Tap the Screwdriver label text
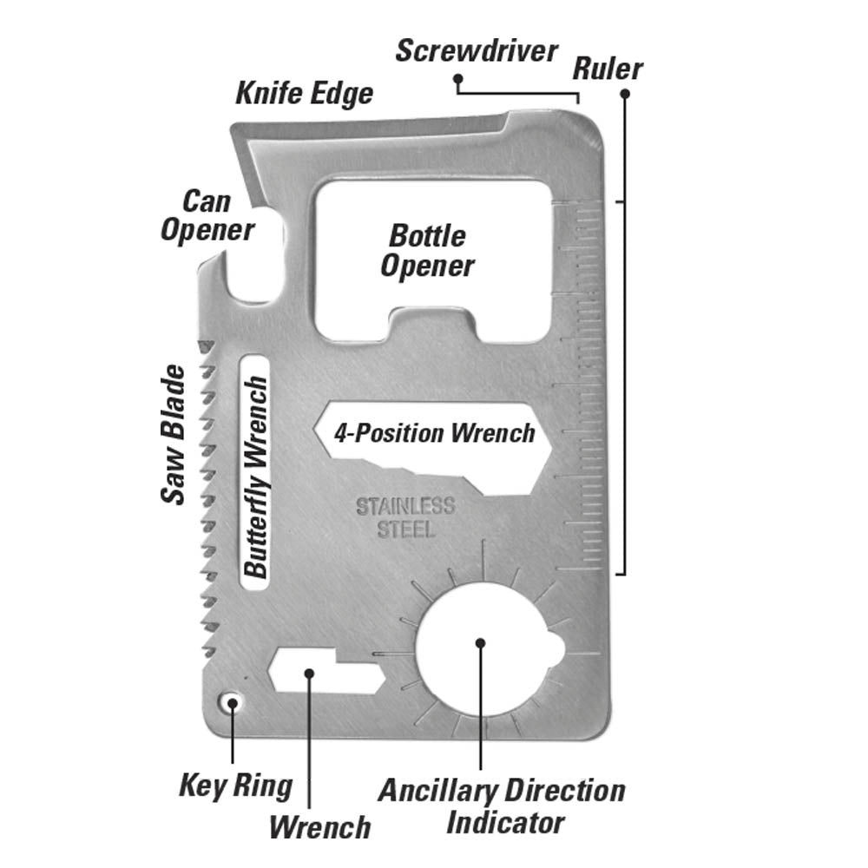click(476, 51)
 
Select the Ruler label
click(607, 69)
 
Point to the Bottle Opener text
click(428, 251)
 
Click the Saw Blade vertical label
click(174, 434)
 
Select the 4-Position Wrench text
click(435, 432)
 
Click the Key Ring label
click(235, 786)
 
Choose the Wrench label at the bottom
click(319, 826)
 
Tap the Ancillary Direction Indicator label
click(501, 806)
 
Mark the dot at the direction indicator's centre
click(481, 643)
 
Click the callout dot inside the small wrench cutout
click(308, 672)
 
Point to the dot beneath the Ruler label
click(624, 93)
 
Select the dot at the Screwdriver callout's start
click(457, 78)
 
